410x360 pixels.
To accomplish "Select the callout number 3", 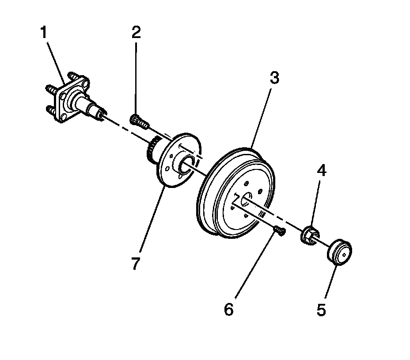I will pos(274,79).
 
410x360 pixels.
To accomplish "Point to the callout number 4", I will pos(321,171).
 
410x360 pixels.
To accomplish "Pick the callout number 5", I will pos(321,310).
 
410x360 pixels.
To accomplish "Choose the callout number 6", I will pos(228,310).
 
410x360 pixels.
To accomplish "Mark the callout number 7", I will pos(136,264).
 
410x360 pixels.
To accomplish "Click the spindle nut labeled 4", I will pos(309,234).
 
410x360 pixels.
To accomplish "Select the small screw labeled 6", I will pos(278,230).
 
